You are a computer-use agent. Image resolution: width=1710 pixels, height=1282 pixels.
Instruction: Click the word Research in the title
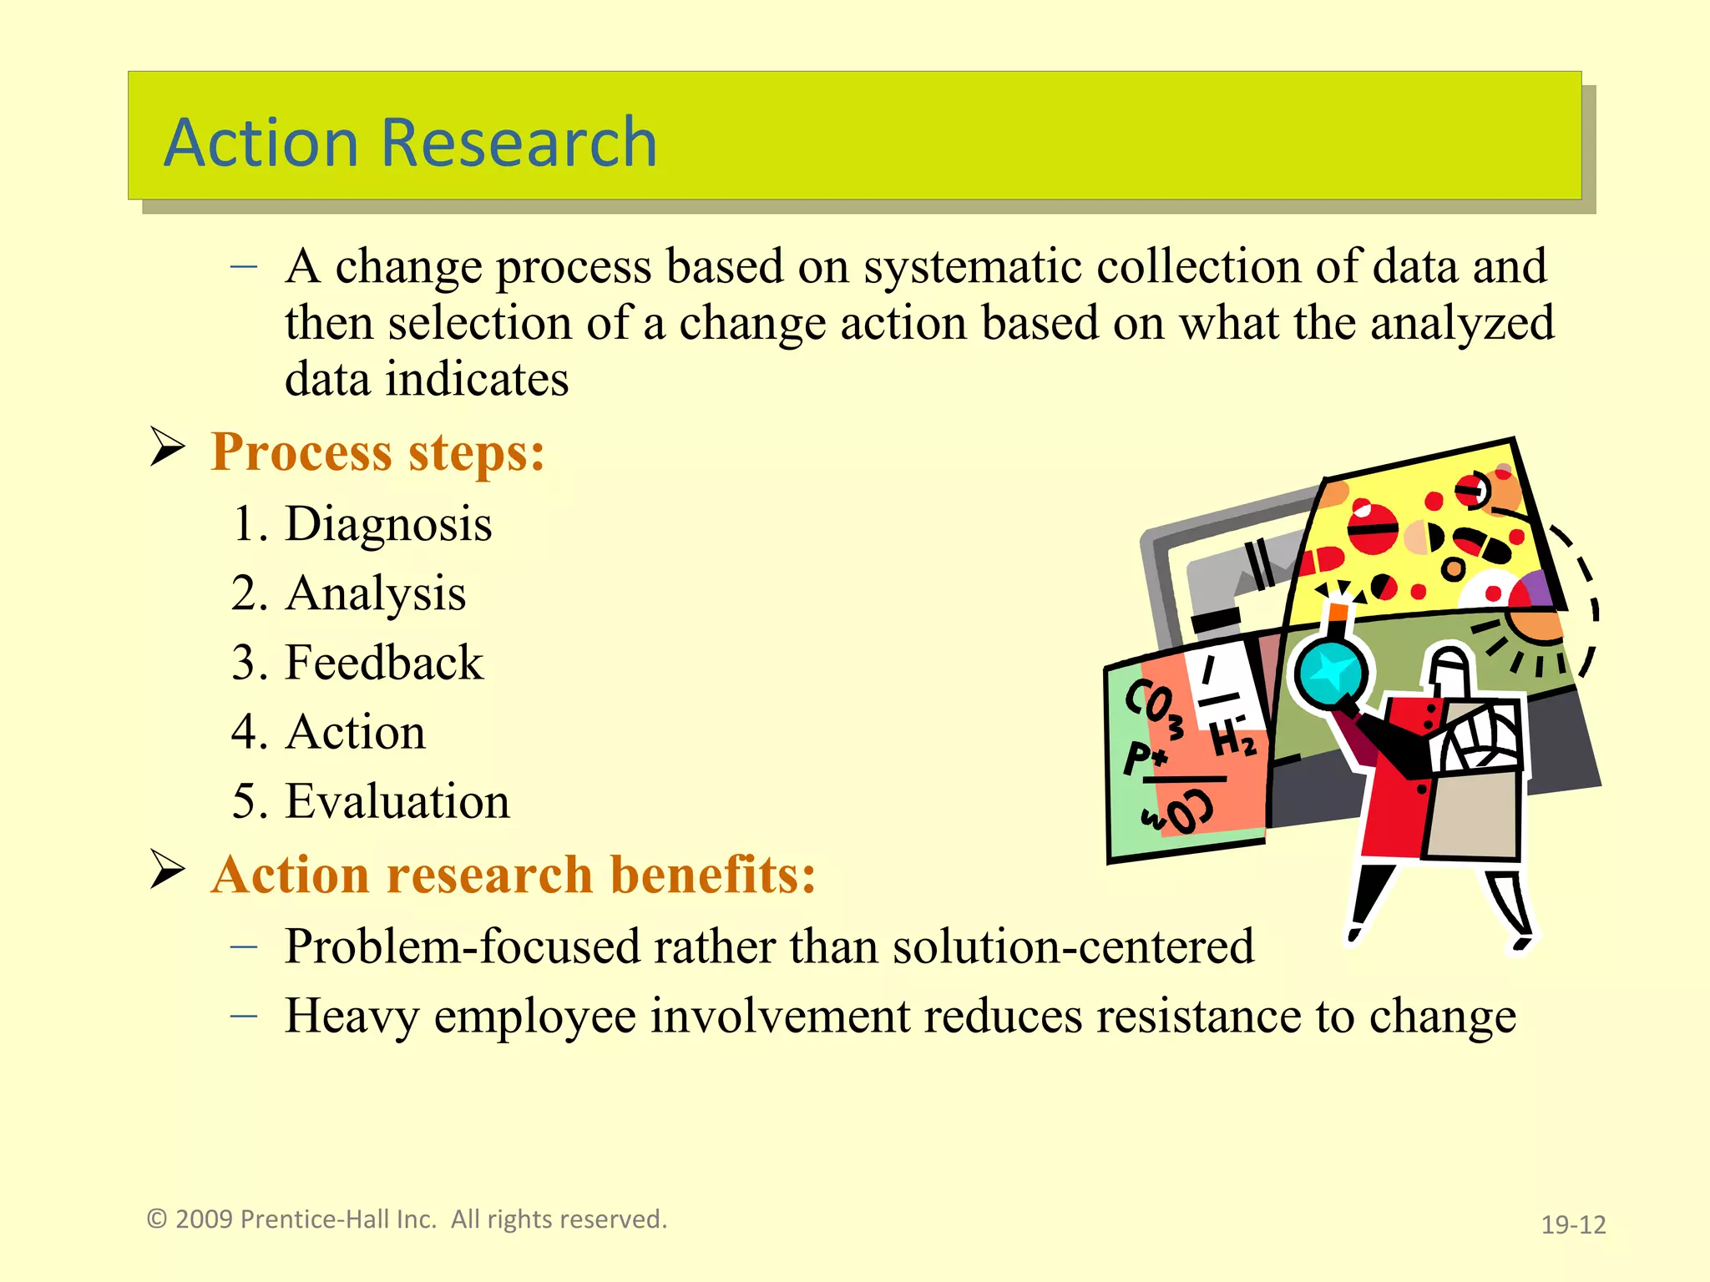pos(519,143)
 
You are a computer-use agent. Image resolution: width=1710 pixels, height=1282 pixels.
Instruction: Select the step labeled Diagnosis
pos(388,524)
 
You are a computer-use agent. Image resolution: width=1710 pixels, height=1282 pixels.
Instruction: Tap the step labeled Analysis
pos(375,593)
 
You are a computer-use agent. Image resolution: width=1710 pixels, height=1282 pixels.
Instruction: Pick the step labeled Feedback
pos(384,663)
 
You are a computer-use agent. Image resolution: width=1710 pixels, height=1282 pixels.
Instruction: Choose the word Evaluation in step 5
pos(397,801)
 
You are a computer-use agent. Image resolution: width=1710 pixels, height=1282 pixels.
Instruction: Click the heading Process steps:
pos(377,452)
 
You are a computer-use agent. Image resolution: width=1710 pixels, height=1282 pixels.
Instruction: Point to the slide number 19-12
pos(1573,1224)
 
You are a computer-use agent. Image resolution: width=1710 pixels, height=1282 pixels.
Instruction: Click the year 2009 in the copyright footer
pos(204,1219)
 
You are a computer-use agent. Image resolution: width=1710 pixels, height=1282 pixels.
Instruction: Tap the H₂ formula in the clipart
pos(1232,739)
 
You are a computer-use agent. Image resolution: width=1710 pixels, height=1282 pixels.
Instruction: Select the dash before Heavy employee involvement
pos(243,1017)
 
